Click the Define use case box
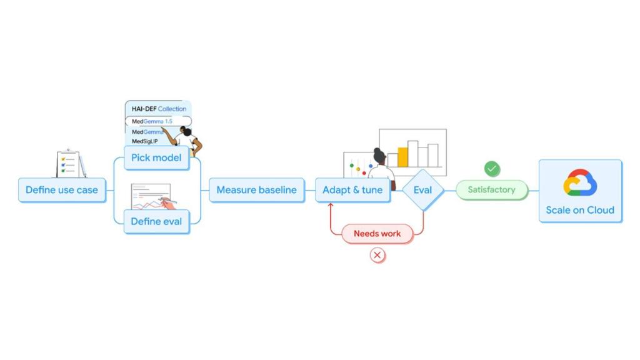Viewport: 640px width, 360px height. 62,190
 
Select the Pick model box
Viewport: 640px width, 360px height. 156,157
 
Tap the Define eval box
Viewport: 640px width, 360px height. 156,221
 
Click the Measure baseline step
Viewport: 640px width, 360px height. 256,190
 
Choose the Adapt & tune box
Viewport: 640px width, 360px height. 352,190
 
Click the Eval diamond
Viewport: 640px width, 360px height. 422,190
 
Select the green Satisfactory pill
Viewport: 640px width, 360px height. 491,190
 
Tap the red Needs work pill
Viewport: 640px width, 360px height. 377,234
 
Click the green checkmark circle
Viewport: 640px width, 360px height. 492,169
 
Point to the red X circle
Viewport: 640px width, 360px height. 377,255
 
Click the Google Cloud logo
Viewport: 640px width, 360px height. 580,183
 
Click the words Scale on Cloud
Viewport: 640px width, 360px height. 580,210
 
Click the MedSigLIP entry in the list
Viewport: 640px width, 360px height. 144,142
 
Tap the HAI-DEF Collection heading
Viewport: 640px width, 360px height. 158,109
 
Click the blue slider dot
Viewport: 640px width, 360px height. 370,166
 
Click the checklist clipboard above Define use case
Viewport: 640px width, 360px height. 68,164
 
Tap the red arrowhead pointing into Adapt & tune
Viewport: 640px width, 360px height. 331,205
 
